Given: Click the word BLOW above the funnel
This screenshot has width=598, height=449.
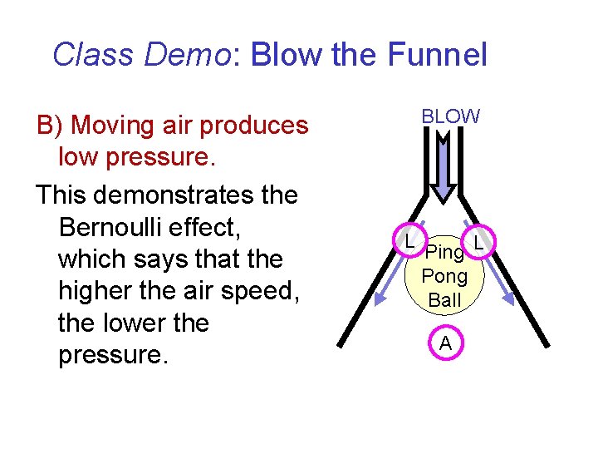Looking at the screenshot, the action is click(x=450, y=116).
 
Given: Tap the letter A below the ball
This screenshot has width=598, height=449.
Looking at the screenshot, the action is click(x=446, y=343).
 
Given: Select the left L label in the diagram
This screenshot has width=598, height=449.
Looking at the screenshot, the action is click(x=410, y=242).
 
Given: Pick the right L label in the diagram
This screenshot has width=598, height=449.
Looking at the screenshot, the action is click(x=478, y=243).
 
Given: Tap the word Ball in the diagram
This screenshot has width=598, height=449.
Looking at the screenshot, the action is click(x=445, y=299).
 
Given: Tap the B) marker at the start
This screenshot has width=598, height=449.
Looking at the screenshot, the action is click(x=51, y=126).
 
